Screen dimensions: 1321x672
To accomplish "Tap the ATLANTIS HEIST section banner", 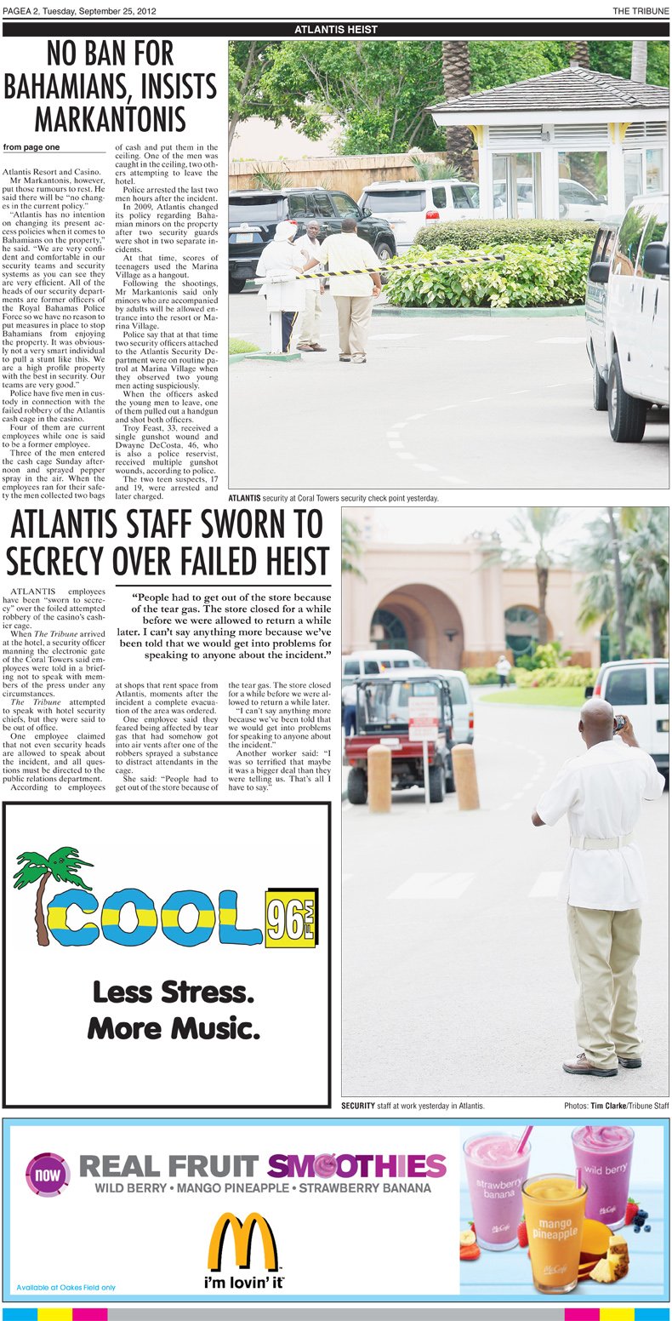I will (x=335, y=30).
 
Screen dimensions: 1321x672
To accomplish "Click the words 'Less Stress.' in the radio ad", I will (x=173, y=992).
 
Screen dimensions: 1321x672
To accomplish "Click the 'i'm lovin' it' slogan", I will (x=243, y=1282).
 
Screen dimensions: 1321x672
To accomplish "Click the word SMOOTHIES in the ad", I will (x=356, y=1166).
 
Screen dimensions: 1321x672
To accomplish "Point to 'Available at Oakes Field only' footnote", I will (x=65, y=1287).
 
